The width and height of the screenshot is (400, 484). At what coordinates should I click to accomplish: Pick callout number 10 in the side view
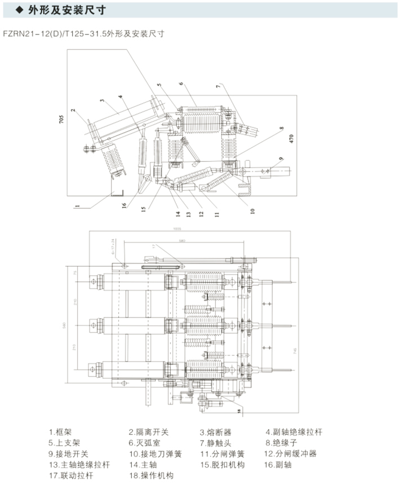(252, 211)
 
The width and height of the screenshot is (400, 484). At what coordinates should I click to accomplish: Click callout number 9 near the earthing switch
(280, 159)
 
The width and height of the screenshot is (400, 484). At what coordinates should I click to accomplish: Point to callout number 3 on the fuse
(102, 101)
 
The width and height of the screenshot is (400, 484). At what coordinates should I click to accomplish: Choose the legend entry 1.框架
(60, 432)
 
